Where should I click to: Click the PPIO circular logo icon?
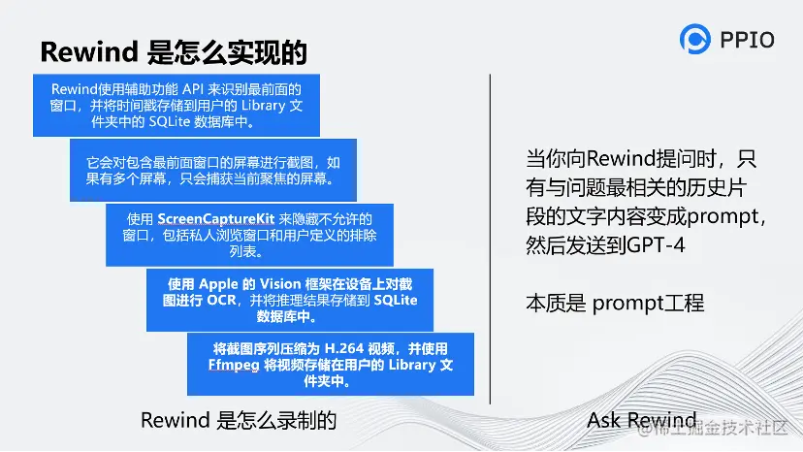point(695,39)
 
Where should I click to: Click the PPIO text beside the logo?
point(747,40)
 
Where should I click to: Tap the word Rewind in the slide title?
point(89,51)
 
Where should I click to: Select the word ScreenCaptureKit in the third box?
point(216,219)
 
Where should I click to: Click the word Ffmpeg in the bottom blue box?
point(234,365)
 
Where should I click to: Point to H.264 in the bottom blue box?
point(344,348)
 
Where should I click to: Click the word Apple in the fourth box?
point(218,284)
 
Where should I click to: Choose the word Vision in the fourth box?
point(280,284)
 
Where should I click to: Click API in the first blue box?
point(194,89)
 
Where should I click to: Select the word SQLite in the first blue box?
point(170,122)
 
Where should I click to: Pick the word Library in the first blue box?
point(263,106)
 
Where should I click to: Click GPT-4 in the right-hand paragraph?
point(656,245)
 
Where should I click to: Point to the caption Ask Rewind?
point(641,420)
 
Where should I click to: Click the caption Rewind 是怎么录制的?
point(239,420)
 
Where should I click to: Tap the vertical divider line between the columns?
point(490,239)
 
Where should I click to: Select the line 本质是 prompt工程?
point(615,303)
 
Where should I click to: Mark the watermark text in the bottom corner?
point(713,428)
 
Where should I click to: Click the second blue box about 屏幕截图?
point(213,170)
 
